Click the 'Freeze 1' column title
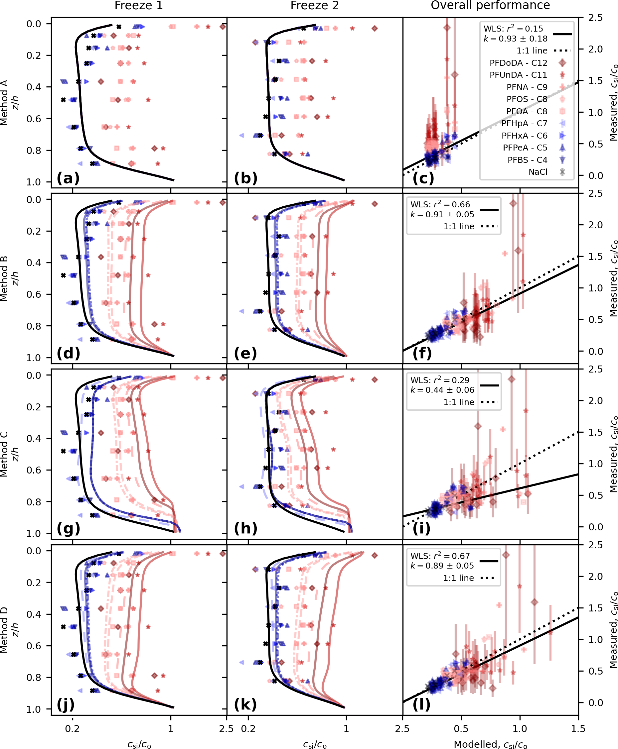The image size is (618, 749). coord(138,5)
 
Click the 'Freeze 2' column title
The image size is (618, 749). coord(314,5)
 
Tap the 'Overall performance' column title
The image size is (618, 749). coord(490,5)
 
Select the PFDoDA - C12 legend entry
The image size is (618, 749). coord(518,63)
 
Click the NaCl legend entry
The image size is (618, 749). coord(538,172)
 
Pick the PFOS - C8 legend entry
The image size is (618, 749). coord(527,99)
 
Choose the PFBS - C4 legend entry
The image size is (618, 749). coord(527,160)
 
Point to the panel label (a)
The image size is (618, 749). coord(68,178)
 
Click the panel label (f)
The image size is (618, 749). coord(422,353)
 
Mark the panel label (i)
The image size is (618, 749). coord(421,528)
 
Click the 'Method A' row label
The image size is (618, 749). coord(4,102)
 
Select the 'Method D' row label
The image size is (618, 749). coord(4,630)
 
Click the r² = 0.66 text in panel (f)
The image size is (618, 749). coord(440,204)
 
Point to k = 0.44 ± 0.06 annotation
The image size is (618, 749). coord(442,390)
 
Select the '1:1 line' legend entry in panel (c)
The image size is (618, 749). coord(532,51)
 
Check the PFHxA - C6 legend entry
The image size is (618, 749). coord(525,136)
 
